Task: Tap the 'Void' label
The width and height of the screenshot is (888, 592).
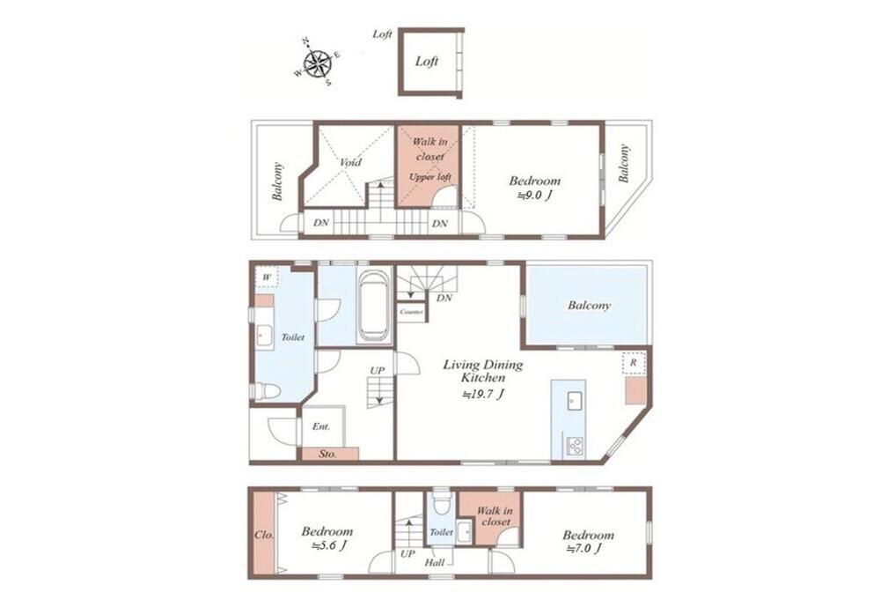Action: (350, 162)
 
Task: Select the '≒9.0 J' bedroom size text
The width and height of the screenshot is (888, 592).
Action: (534, 196)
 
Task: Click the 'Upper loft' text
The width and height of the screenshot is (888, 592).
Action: (430, 177)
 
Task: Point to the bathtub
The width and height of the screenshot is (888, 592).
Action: (374, 305)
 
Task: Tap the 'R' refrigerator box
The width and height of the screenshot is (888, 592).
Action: (634, 362)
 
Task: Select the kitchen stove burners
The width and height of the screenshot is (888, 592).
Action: (576, 446)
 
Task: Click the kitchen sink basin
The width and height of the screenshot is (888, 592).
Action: (576, 400)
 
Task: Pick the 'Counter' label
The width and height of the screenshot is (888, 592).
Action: (411, 312)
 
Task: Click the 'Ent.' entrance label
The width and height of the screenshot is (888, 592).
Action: (321, 426)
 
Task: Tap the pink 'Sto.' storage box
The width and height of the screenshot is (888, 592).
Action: (330, 454)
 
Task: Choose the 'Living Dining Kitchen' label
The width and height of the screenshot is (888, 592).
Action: (483, 371)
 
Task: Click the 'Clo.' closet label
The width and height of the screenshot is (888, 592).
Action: (264, 535)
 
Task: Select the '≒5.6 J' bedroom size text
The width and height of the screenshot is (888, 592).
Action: (328, 546)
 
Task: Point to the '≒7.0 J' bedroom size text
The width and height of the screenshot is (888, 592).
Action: (583, 548)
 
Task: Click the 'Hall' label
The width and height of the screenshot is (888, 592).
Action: (435, 563)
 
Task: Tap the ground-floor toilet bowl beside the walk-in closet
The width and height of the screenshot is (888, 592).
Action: (440, 501)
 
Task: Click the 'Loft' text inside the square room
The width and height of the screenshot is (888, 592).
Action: (427, 62)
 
